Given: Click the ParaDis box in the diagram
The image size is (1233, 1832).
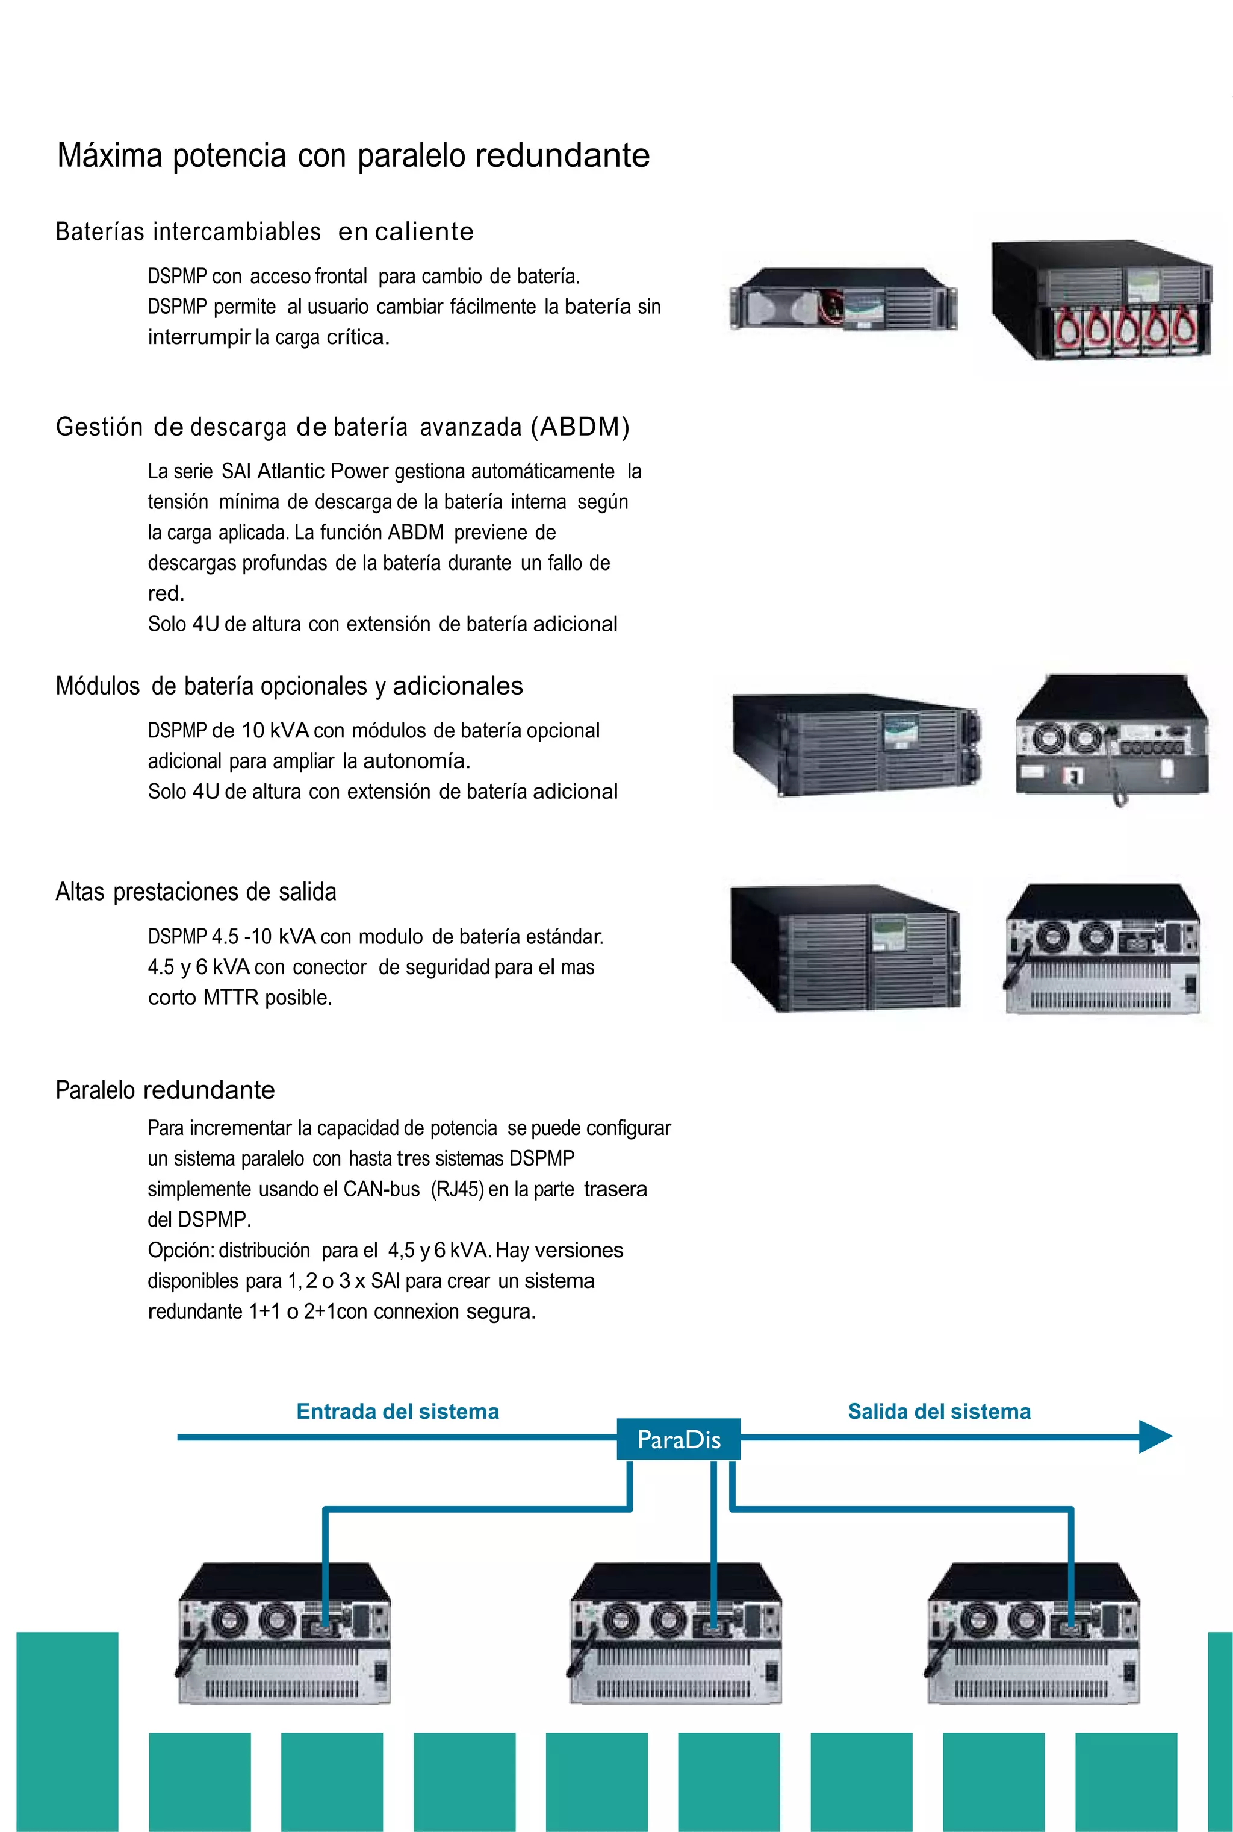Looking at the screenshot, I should point(678,1439).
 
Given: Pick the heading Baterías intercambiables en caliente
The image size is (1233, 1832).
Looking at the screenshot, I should point(264,232).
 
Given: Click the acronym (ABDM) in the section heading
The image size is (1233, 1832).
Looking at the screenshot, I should point(580,427).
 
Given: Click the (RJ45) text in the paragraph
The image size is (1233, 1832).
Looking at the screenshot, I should point(457,1189).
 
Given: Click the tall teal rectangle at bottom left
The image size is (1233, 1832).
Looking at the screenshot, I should point(67,1731).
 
